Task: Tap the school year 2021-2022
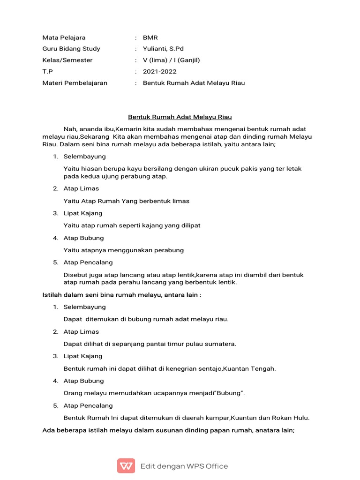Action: click(x=159, y=72)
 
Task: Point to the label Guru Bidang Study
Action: click(x=71, y=49)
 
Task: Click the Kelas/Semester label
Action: click(x=67, y=60)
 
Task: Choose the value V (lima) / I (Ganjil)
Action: click(x=171, y=60)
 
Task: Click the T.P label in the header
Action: click(x=47, y=72)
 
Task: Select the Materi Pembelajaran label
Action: click(x=75, y=83)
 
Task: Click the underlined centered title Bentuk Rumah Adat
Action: click(x=180, y=117)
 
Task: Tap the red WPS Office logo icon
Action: click(x=126, y=466)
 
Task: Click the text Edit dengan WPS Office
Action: click(x=184, y=466)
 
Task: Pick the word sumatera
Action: click(x=221, y=344)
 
